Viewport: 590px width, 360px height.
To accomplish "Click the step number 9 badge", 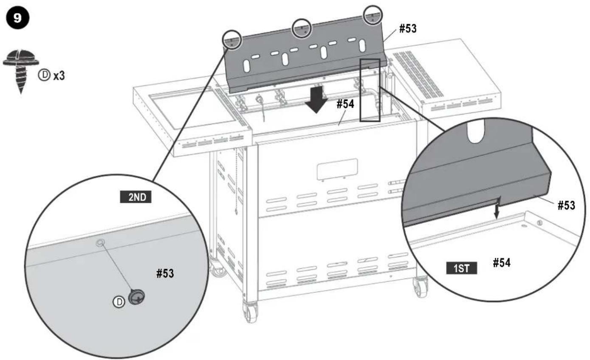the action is coord(17,18).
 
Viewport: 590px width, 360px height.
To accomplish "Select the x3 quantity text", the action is coord(59,76).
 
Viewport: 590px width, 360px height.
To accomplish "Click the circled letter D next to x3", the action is coord(44,75).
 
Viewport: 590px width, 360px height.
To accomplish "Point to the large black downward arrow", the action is coord(316,99).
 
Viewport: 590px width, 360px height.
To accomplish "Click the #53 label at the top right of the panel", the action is coord(408,28).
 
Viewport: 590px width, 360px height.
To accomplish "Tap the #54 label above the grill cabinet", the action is coord(345,104).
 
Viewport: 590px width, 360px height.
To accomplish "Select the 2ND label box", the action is coord(136,197).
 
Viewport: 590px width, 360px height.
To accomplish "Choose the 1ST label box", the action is coord(461,268).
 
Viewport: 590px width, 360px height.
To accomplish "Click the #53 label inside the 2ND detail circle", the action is coord(165,273).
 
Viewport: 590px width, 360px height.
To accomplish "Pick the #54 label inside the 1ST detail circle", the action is coord(502,263).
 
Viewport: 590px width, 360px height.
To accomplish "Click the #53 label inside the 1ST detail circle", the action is coord(567,205).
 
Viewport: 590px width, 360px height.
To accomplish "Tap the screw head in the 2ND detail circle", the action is coord(136,297).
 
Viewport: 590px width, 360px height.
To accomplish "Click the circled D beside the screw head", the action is coord(119,302).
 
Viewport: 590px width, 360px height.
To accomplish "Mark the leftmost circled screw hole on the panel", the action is coord(232,40).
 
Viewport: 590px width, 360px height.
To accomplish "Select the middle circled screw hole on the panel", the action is coord(302,28).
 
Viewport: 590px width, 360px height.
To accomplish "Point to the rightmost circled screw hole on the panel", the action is coord(373,15).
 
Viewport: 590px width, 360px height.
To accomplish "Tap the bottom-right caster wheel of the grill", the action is coord(421,287).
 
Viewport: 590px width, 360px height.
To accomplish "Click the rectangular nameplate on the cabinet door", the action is coord(337,169).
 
